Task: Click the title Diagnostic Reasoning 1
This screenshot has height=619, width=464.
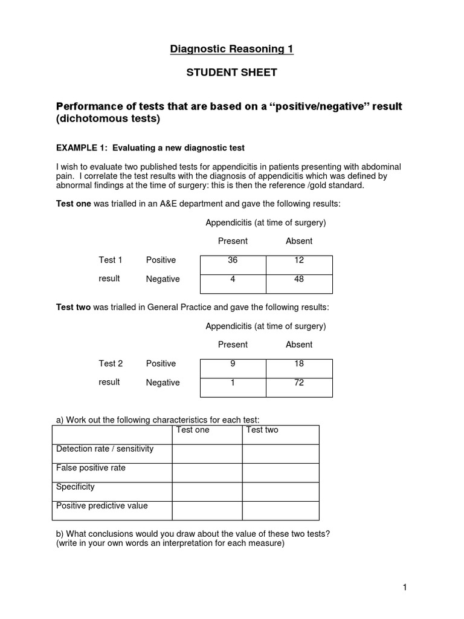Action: pyautogui.click(x=232, y=49)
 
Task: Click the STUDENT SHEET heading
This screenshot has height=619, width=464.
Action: pyautogui.click(x=232, y=73)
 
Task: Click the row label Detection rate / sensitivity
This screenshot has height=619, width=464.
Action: pyautogui.click(x=105, y=449)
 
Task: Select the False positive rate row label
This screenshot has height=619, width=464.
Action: pyautogui.click(x=91, y=468)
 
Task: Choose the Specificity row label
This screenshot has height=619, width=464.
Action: pyautogui.click(x=76, y=487)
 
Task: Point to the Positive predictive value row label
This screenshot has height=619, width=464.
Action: pyautogui.click(x=101, y=505)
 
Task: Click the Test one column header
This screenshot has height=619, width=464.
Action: pyautogui.click(x=192, y=430)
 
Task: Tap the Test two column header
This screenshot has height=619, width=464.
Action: pyautogui.click(x=262, y=430)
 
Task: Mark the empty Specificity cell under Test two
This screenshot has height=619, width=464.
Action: pyautogui.click(x=280, y=491)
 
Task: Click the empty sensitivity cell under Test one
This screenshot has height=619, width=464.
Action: pyautogui.click(x=207, y=454)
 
